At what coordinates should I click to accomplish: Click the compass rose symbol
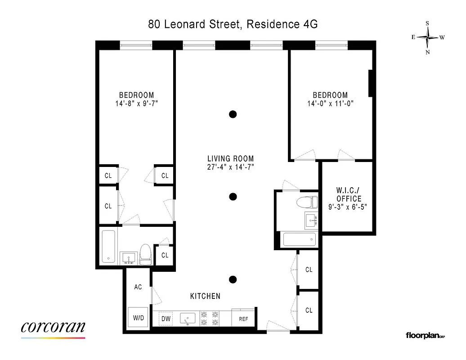[428, 38]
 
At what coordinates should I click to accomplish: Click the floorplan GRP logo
[425, 335]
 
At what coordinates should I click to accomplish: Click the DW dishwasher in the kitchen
[166, 319]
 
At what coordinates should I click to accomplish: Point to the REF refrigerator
[243, 319]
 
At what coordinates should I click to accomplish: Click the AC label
[138, 287]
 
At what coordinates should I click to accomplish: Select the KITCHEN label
[205, 296]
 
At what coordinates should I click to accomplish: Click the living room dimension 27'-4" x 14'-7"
[230, 167]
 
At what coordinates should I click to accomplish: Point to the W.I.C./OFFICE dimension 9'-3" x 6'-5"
[349, 207]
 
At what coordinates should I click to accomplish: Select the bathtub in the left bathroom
[109, 247]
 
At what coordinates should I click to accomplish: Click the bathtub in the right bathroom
[299, 239]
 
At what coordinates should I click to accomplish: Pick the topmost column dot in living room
[233, 114]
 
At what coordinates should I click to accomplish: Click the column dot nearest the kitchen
[233, 280]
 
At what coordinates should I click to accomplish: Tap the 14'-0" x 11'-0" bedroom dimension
[330, 103]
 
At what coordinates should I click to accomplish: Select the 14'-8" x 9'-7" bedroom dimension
[136, 103]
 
